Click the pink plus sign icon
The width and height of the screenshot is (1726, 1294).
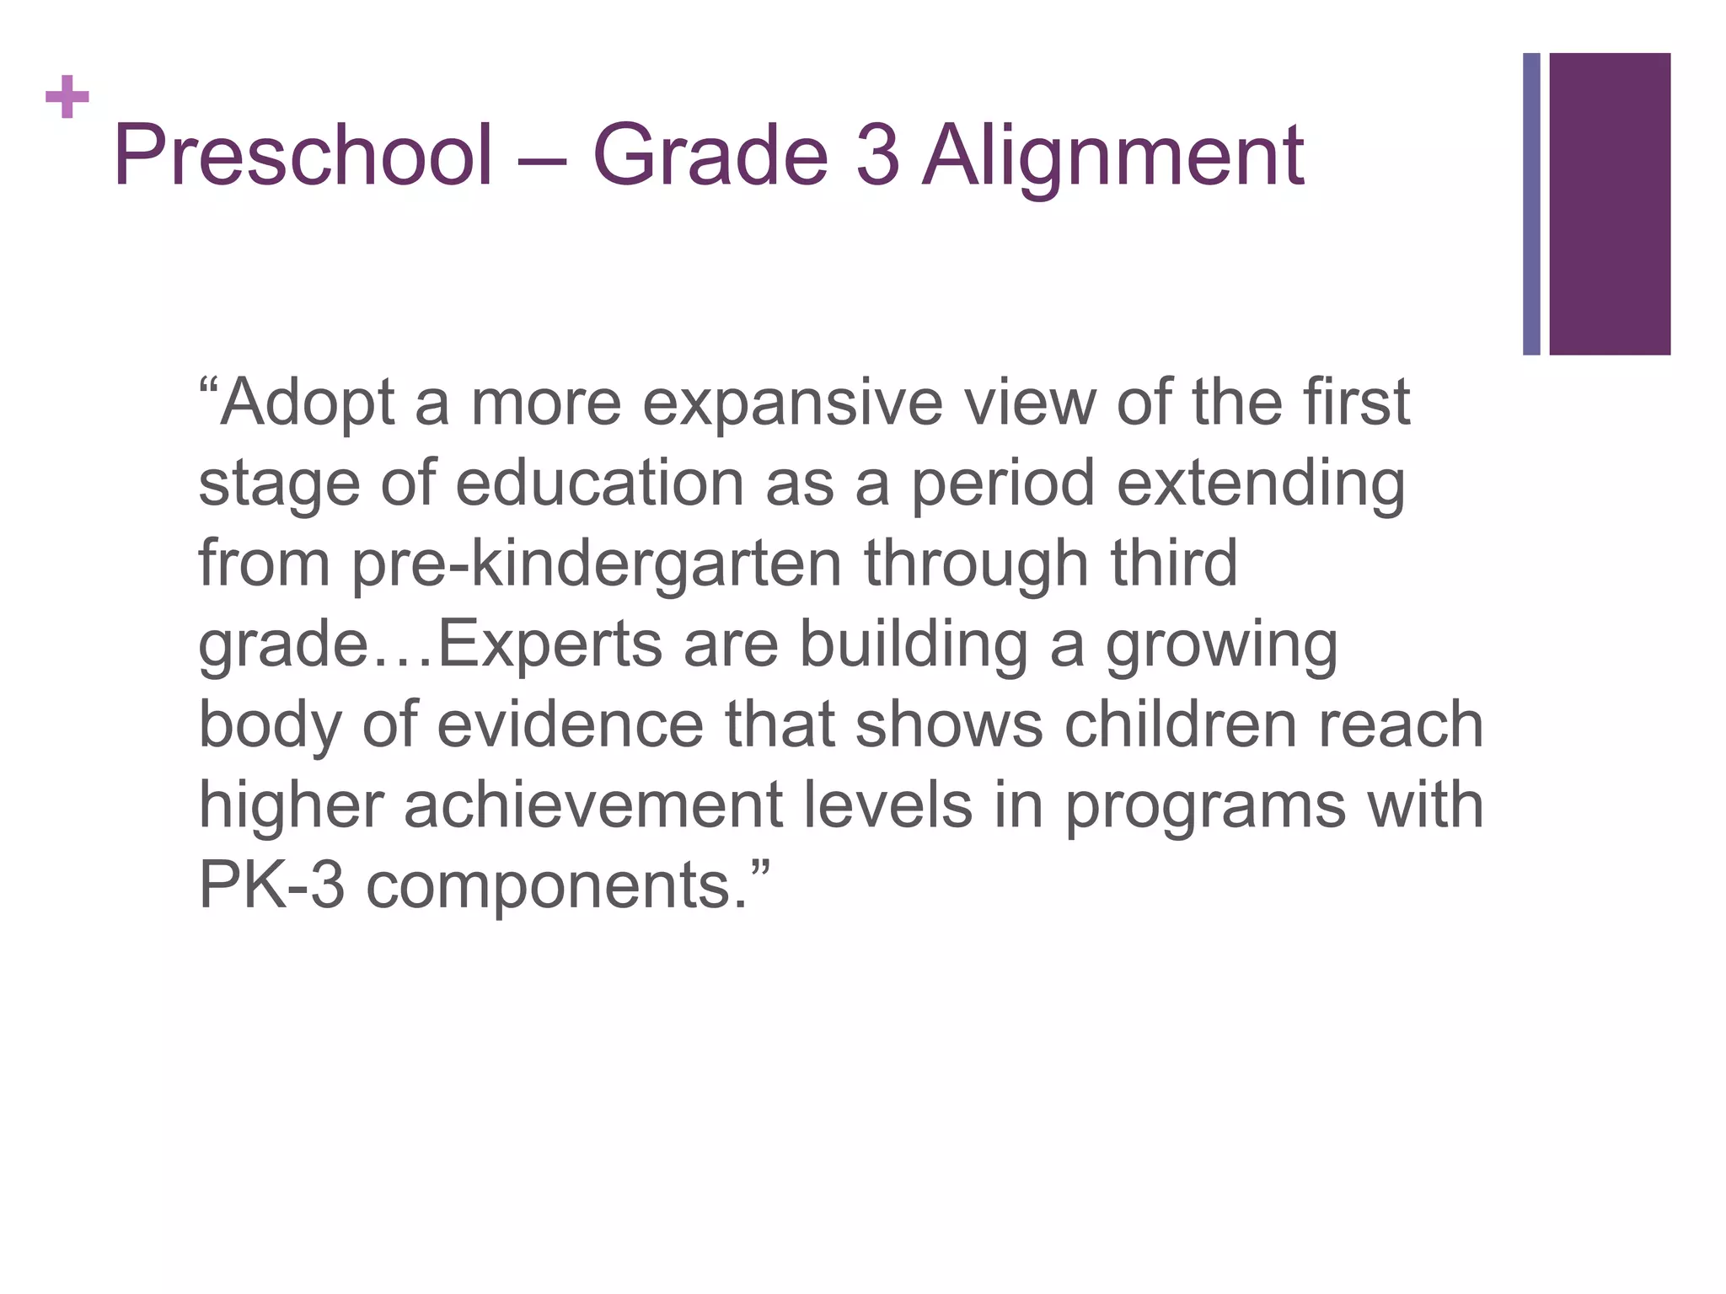click(x=67, y=97)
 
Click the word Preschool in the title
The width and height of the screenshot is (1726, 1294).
click(x=303, y=156)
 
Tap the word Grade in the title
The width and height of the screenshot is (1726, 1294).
click(x=710, y=156)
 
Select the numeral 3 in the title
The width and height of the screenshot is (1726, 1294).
click(x=877, y=156)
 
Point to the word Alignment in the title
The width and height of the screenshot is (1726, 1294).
click(x=1113, y=156)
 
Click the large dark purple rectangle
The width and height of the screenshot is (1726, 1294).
click(x=1610, y=204)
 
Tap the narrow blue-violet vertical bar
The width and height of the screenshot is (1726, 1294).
click(x=1531, y=204)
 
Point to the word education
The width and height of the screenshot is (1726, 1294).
click(x=600, y=484)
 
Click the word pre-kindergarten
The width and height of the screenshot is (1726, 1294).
click(x=597, y=564)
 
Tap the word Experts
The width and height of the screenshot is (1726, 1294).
click(x=549, y=644)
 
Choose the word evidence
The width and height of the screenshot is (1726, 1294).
click(x=570, y=725)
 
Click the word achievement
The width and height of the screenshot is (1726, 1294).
click(x=593, y=805)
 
